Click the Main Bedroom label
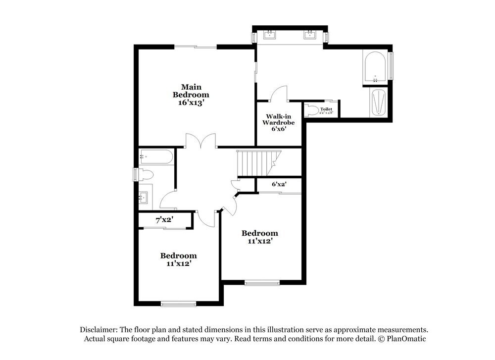191,91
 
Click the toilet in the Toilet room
311,110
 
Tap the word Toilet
326,109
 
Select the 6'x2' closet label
279,184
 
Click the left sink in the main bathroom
270,34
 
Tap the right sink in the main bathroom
310,34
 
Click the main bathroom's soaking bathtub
375,68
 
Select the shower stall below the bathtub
379,103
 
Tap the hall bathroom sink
144,198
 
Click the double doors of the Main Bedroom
200,142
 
